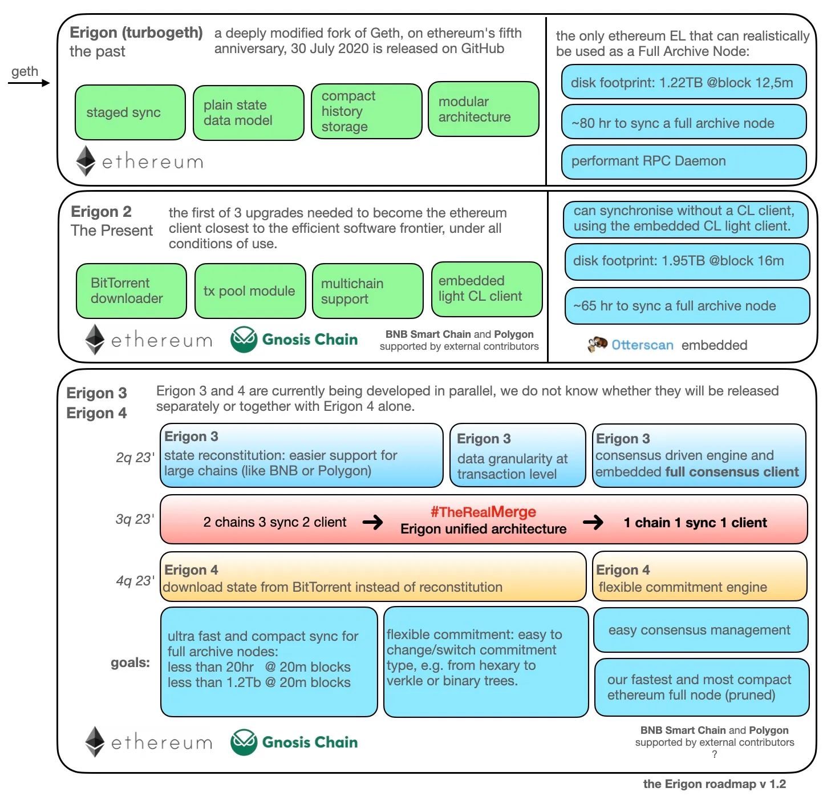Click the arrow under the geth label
tap(29, 83)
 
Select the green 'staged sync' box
tap(130, 112)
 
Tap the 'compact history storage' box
tap(366, 111)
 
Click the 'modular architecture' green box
tap(483, 109)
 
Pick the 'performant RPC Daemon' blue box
tap(683, 161)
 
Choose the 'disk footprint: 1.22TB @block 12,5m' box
tap(683, 83)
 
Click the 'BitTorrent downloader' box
tap(131, 291)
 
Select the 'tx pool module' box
tap(250, 291)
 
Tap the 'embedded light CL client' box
tap(486, 289)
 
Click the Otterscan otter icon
tap(597, 344)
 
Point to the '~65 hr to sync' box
tap(687, 306)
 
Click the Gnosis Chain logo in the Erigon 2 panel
tap(244, 340)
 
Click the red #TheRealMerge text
tap(483, 512)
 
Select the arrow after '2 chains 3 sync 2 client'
tap(373, 522)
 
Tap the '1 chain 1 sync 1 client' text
tap(695, 523)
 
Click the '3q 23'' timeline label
tap(135, 519)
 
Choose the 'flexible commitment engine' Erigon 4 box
tap(699, 576)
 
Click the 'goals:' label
tap(130, 662)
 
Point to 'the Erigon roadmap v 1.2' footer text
tap(714, 784)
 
